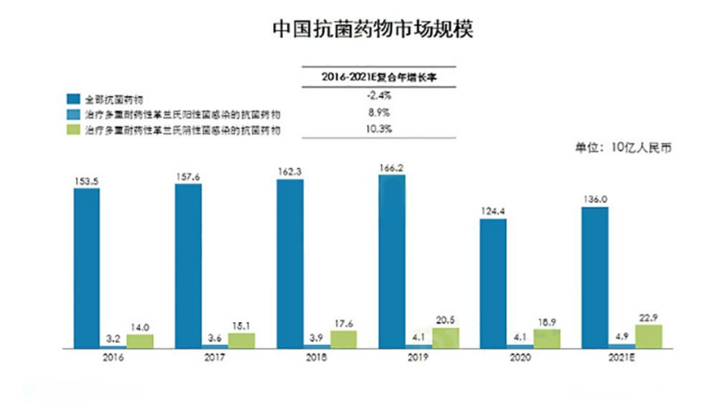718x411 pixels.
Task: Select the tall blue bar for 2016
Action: coord(87,268)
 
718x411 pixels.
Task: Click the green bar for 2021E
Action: coord(648,337)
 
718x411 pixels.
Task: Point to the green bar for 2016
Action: coord(140,341)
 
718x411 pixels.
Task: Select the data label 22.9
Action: coord(649,316)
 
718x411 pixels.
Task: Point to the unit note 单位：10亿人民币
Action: coord(624,148)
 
